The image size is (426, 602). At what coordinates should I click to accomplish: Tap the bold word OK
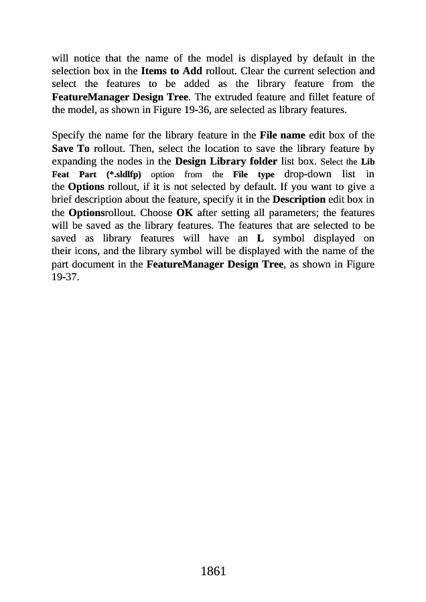[x=185, y=213]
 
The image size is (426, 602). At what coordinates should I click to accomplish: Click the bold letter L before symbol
[x=260, y=239]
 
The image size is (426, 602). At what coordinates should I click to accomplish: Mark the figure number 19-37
[x=66, y=278]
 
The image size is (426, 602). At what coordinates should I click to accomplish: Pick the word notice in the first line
[x=94, y=58]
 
